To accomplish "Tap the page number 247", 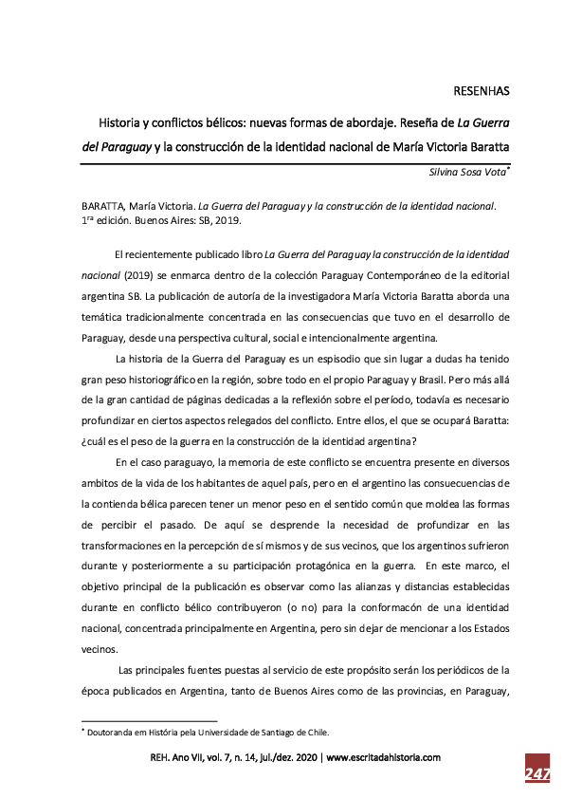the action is [x=537, y=774].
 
